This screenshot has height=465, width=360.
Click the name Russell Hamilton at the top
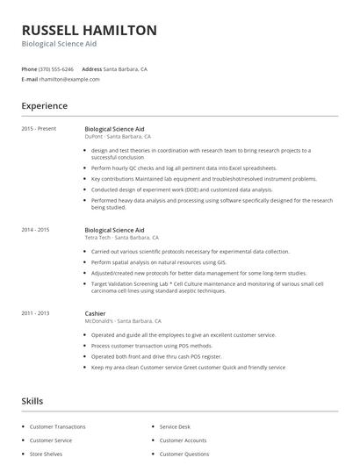click(90, 30)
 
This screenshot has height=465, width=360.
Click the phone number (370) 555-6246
click(56, 68)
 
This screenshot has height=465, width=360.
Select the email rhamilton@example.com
click(69, 79)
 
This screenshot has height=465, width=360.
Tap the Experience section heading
click(45, 106)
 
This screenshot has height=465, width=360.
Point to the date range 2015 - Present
click(40, 129)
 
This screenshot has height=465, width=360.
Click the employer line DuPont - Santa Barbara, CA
click(118, 137)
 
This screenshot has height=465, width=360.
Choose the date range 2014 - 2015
click(36, 230)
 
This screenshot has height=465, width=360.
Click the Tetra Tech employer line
click(121, 238)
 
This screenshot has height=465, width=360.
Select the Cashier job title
click(95, 313)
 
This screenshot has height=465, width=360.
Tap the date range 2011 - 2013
click(36, 313)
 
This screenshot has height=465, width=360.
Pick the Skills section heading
click(32, 401)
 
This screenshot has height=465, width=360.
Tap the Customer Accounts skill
click(183, 440)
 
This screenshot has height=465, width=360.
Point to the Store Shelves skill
click(47, 454)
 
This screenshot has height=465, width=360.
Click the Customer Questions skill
click(184, 454)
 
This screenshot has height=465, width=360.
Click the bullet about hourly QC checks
click(184, 168)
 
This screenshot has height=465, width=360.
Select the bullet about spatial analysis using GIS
click(159, 261)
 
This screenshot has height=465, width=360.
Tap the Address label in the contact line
click(91, 68)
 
